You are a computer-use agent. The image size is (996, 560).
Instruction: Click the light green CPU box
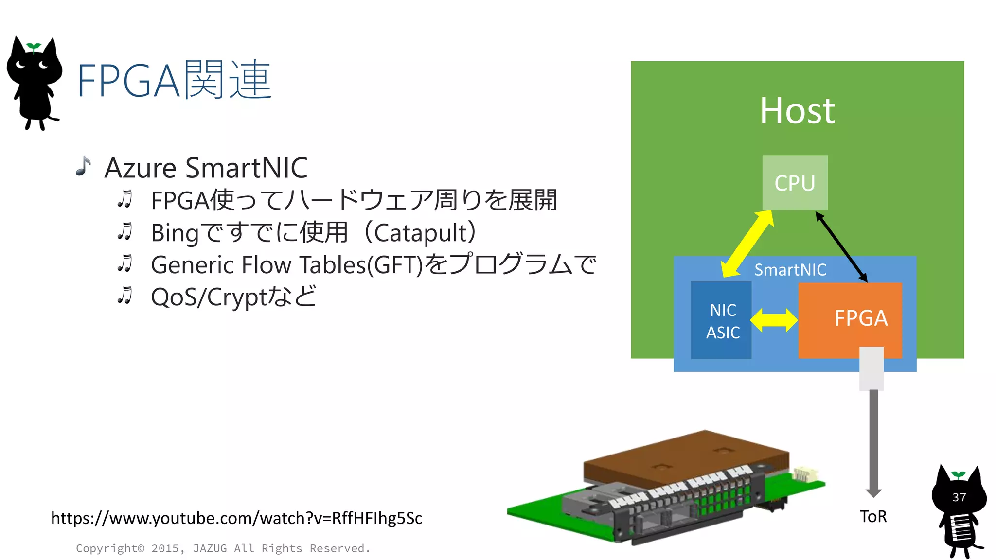point(795,182)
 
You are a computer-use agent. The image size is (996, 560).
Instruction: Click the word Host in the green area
point(797,111)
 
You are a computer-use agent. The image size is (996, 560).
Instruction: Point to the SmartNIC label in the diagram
point(790,269)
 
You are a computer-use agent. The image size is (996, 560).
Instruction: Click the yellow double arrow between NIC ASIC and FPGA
point(774,320)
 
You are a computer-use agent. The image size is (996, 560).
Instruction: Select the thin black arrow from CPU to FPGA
point(841,247)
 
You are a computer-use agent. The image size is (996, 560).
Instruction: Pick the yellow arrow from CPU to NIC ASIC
point(747,244)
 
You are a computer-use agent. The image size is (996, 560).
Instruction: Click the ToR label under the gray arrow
point(873,516)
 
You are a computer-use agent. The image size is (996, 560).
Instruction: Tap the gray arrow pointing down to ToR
point(873,442)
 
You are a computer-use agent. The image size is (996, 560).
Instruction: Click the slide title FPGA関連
point(174,80)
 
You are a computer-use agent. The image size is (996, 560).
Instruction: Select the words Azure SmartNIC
point(206,168)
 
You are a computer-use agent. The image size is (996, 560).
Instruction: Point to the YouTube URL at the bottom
point(236,518)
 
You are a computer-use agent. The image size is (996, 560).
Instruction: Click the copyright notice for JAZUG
point(223,548)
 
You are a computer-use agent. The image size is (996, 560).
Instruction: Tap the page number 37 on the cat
point(959,497)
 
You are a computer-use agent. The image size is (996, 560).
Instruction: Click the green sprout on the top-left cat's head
point(34,47)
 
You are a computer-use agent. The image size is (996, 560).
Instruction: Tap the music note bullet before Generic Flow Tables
point(125,263)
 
